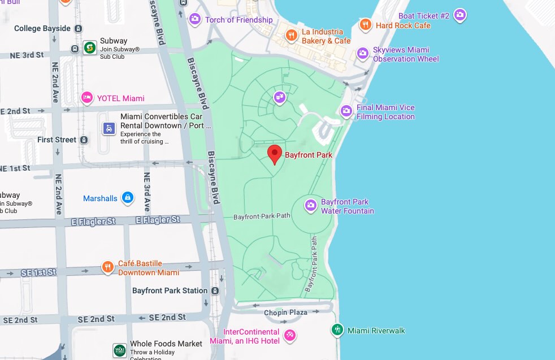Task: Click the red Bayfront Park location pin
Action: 274,153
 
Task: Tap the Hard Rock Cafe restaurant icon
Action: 366,25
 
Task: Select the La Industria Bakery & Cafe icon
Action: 292,36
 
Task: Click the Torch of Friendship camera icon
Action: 195,20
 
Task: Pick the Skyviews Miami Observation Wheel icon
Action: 363,54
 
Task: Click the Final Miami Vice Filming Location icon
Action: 346,111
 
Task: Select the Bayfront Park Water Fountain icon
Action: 311,206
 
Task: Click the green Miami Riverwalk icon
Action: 337,330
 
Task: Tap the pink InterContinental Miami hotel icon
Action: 289,336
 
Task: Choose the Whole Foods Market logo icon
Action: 119,350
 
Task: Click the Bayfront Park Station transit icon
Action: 215,290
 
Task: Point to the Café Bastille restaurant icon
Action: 108,267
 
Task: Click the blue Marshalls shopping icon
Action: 128,198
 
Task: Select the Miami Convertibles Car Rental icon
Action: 109,129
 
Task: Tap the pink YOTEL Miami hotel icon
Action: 87,98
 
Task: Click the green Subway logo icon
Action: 89,48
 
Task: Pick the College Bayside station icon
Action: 78,28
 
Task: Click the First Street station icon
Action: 84,140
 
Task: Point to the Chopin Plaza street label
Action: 285,312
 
